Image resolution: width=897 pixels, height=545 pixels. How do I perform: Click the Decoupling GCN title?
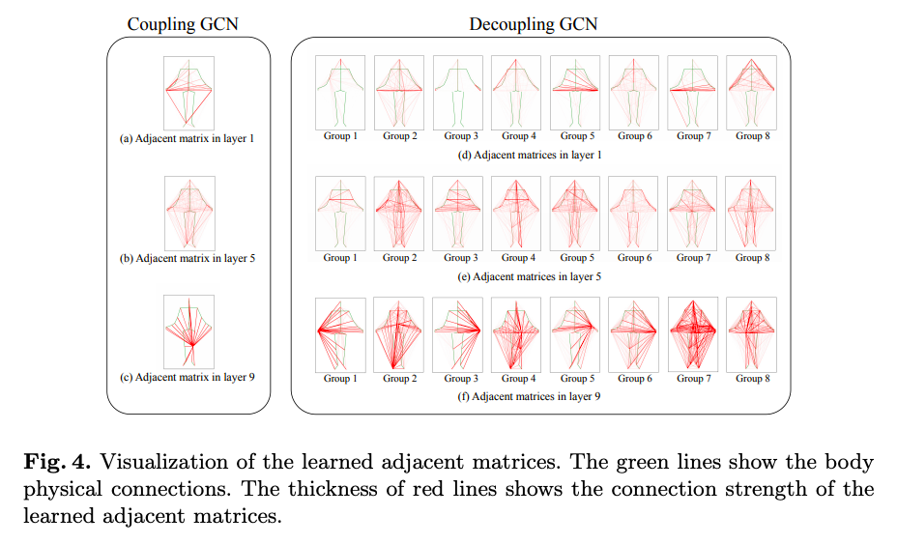pos(534,24)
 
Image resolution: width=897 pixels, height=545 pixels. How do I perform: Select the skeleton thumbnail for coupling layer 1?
pos(189,92)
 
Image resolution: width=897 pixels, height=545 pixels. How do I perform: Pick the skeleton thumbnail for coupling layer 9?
pos(189,331)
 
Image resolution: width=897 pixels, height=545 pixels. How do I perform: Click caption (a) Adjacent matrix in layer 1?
pos(187,139)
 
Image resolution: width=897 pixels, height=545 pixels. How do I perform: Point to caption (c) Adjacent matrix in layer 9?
pos(187,378)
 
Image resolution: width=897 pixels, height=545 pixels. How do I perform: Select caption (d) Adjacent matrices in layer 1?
pos(530,155)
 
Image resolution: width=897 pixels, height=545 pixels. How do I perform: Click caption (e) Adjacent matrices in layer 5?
pos(530,276)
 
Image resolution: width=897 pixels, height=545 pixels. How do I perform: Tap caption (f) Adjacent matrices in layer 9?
pos(530,396)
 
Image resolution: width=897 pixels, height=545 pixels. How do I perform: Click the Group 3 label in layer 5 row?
pos(458,258)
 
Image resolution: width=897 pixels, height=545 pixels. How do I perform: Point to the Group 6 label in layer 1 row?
pos(633,136)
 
